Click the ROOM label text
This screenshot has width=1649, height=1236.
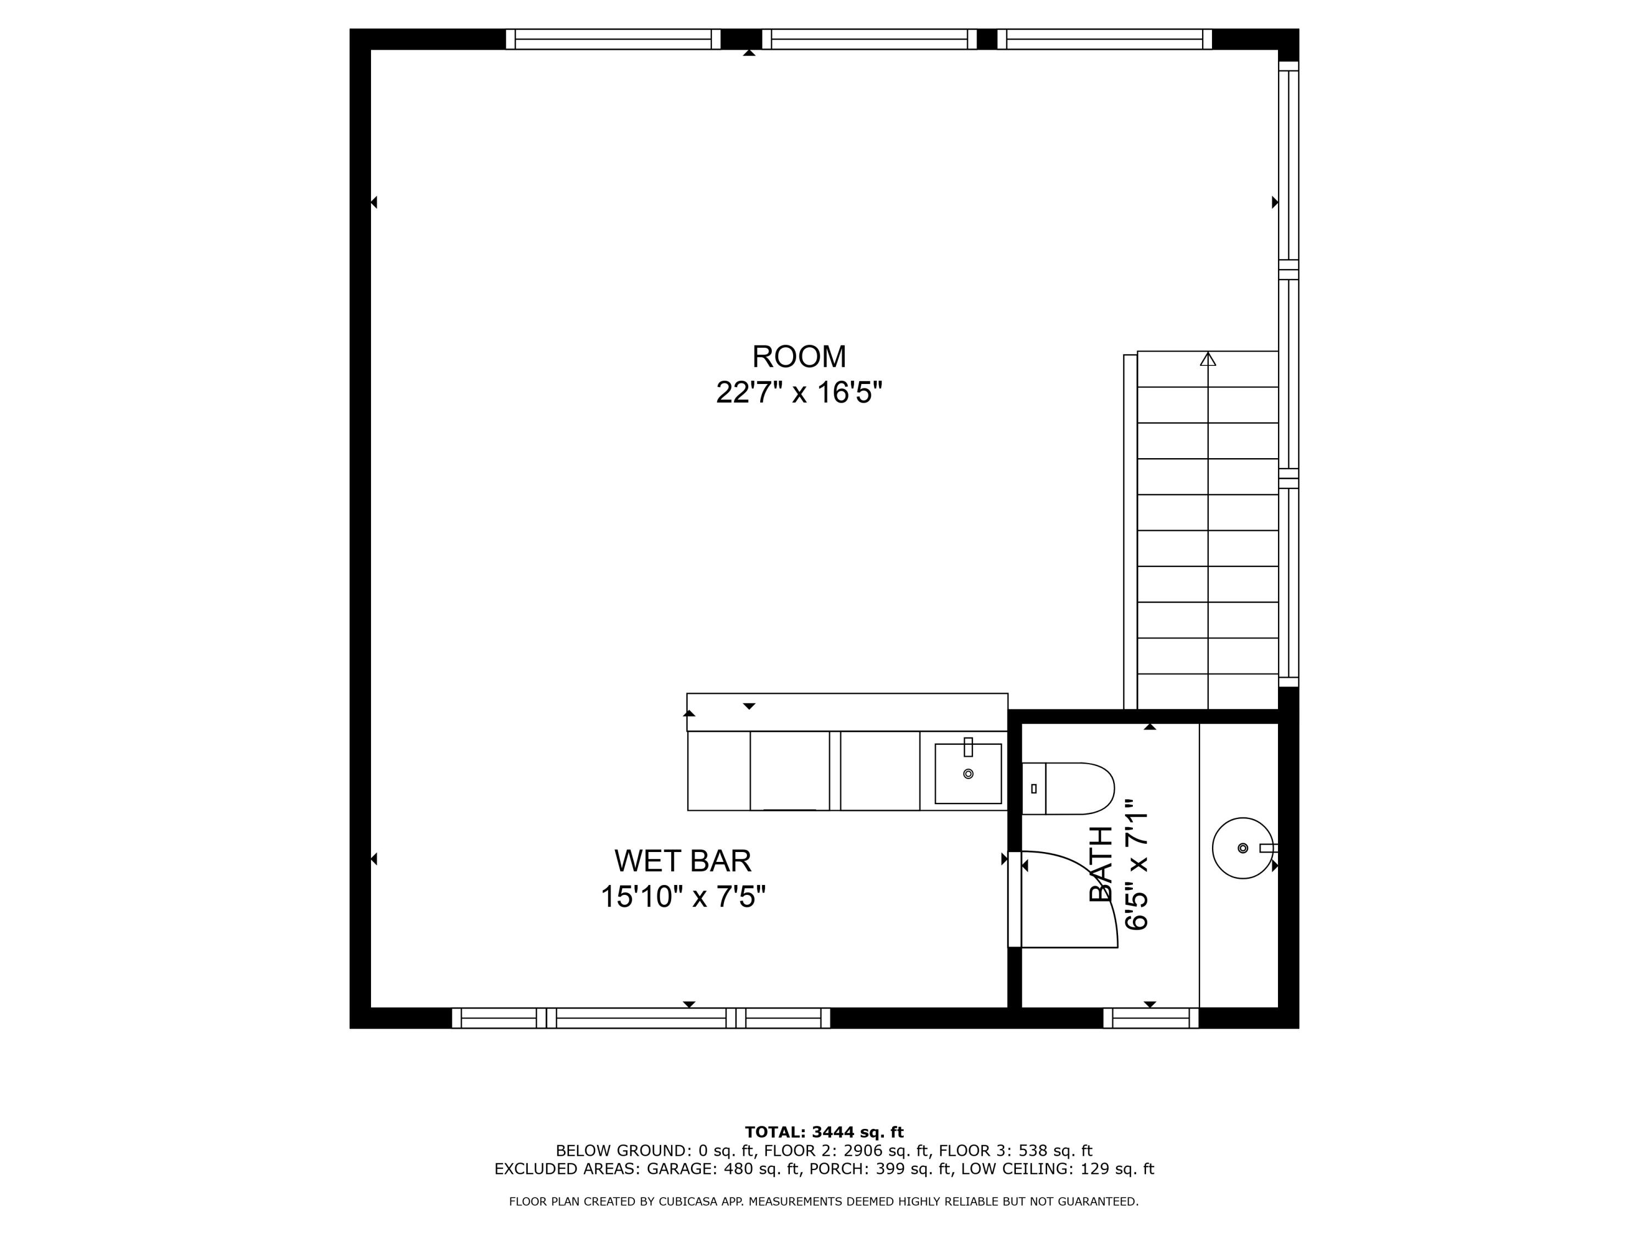point(799,357)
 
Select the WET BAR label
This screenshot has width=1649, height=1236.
point(682,861)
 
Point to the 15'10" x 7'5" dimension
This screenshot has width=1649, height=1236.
point(682,897)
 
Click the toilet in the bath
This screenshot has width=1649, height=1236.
point(1067,788)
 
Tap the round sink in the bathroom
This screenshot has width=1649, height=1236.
point(1242,848)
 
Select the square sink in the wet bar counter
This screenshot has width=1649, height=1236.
point(967,774)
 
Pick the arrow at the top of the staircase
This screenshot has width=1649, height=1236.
point(1208,360)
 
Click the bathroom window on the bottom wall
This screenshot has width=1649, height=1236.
point(1150,1018)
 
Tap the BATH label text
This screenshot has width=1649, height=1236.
point(1101,864)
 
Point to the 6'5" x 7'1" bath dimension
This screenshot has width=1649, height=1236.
point(1137,864)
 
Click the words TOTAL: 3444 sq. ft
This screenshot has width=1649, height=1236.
point(824,1132)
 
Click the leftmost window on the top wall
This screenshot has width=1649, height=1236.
point(613,39)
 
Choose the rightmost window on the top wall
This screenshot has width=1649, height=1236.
point(1104,39)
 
